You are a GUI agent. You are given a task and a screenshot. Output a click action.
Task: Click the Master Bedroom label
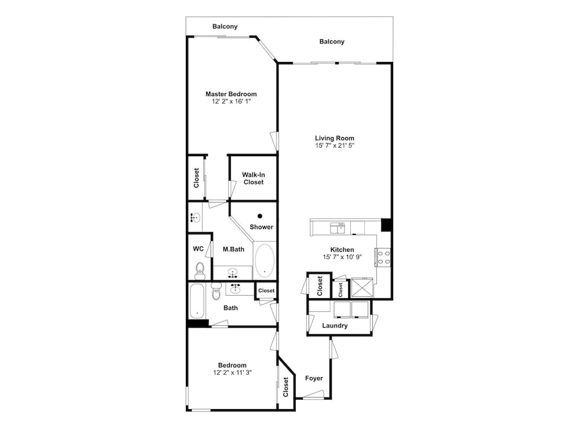click(231, 94)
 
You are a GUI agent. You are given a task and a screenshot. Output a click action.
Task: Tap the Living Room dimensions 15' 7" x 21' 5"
click(335, 145)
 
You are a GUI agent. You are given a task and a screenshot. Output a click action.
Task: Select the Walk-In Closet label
click(254, 179)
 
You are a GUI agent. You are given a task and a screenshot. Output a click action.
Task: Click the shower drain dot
click(260, 216)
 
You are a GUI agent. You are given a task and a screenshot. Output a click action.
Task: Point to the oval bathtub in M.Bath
click(265, 260)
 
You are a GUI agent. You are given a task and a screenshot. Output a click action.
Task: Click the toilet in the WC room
click(200, 270)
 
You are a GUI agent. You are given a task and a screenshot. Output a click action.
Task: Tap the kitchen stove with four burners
click(383, 258)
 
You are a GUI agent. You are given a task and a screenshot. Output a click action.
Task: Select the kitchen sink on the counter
click(338, 228)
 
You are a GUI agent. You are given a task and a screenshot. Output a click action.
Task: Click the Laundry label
click(335, 325)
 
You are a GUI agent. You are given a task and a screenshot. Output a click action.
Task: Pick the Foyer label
click(314, 378)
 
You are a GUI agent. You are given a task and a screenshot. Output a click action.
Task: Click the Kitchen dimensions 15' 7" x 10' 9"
click(342, 257)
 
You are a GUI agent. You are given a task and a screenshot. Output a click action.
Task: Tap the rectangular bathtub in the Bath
click(197, 301)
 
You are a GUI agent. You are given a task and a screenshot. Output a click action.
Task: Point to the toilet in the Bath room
click(216, 291)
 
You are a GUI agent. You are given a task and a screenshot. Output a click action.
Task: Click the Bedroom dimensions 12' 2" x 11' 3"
click(232, 373)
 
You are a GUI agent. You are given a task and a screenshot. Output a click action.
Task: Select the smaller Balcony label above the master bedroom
click(225, 26)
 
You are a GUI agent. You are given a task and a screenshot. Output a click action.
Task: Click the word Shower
click(262, 227)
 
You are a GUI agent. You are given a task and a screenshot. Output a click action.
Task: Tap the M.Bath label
click(233, 249)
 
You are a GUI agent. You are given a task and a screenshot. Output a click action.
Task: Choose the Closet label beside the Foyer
click(285, 387)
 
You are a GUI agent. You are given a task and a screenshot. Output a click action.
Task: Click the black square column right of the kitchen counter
click(386, 225)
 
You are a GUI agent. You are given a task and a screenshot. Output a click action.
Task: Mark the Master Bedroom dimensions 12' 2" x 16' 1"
click(231, 101)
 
